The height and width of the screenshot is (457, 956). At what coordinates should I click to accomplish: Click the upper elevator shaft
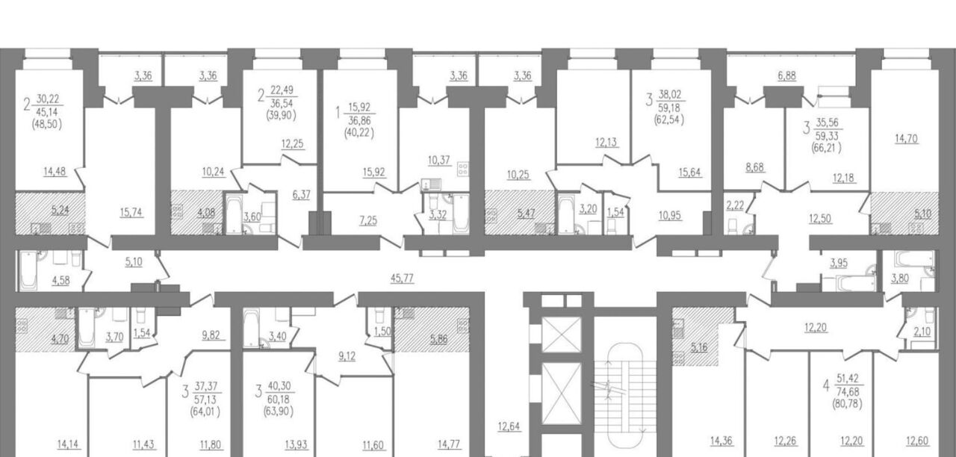tap(561, 334)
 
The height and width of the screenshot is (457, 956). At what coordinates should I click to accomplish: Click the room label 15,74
tap(131, 212)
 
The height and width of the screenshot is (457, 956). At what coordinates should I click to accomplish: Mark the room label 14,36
tap(721, 441)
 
